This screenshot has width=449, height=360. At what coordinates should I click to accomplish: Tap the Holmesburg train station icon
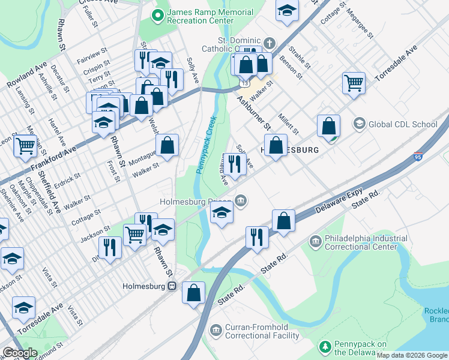(172, 287)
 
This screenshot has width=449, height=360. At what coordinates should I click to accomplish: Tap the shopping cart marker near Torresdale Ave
(354, 82)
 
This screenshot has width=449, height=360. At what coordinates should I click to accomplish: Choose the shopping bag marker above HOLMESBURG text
(276, 146)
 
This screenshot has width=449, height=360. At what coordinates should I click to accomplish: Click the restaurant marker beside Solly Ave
(235, 163)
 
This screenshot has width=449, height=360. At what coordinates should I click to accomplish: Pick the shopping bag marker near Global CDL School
(328, 126)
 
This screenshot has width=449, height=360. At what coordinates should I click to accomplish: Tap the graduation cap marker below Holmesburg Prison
(221, 213)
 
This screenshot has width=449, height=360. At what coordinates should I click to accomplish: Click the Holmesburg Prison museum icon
(241, 201)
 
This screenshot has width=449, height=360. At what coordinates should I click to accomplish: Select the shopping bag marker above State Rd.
(283, 220)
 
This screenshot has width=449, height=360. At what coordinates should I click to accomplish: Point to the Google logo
(20, 353)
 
